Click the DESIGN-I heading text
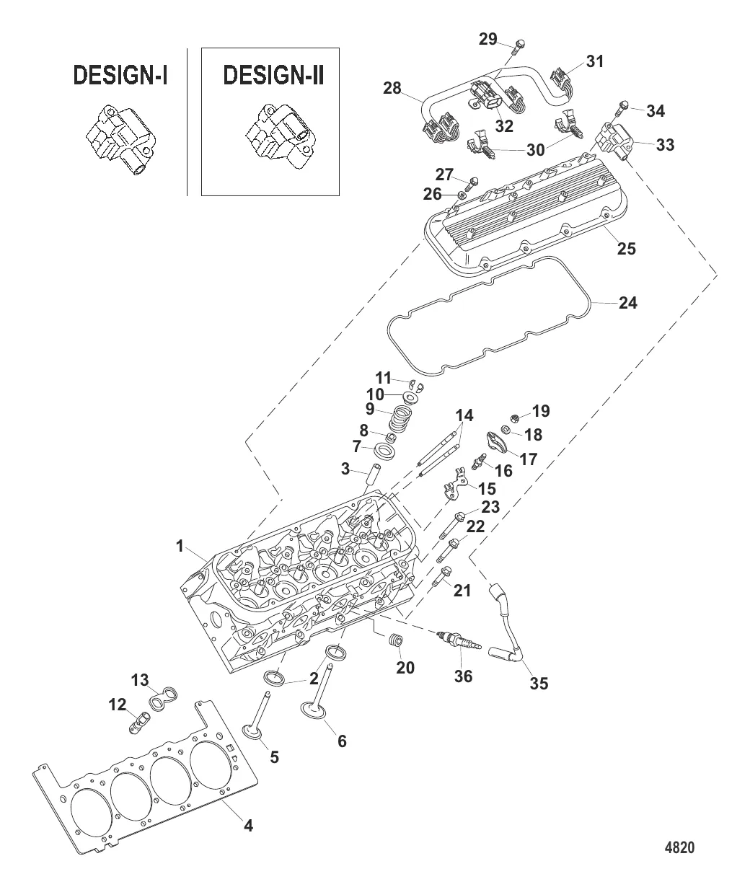pyautogui.click(x=119, y=76)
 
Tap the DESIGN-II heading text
pyautogui.click(x=273, y=76)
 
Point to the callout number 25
pyautogui.click(x=626, y=249)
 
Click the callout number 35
pyautogui.click(x=539, y=682)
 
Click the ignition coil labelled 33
pyautogui.click(x=614, y=142)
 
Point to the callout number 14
pyautogui.click(x=464, y=416)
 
